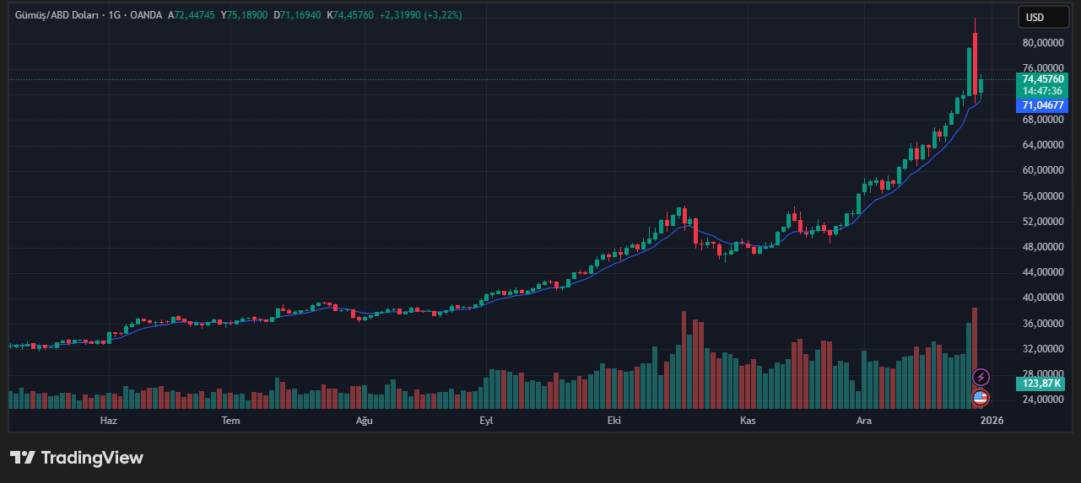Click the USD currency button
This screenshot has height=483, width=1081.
pyautogui.click(x=1034, y=17)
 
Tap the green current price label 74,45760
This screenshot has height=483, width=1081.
pyautogui.click(x=1042, y=79)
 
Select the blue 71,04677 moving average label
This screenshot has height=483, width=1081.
pyautogui.click(x=1042, y=105)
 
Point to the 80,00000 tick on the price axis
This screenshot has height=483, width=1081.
pyautogui.click(x=1042, y=43)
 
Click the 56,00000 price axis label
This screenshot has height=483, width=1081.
pyautogui.click(x=1042, y=196)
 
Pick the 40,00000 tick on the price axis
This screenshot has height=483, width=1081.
pyautogui.click(x=1042, y=298)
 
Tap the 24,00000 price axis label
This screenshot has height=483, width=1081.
pyautogui.click(x=1042, y=400)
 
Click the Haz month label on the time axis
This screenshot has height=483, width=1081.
pyautogui.click(x=108, y=420)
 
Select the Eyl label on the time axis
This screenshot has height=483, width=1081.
pyautogui.click(x=485, y=420)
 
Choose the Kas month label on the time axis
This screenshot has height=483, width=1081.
pyautogui.click(x=747, y=420)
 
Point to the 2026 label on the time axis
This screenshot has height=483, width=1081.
pyautogui.click(x=992, y=420)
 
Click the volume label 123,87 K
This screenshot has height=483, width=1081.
pyautogui.click(x=1042, y=384)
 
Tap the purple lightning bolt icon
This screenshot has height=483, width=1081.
pyautogui.click(x=981, y=377)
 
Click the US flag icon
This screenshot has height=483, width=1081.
pyautogui.click(x=981, y=397)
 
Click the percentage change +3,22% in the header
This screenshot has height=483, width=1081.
pyautogui.click(x=444, y=15)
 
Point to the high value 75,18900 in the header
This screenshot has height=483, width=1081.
pyautogui.click(x=247, y=15)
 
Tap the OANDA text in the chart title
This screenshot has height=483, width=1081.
pyautogui.click(x=146, y=15)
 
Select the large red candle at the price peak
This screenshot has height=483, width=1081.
pyautogui.click(x=975, y=63)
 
